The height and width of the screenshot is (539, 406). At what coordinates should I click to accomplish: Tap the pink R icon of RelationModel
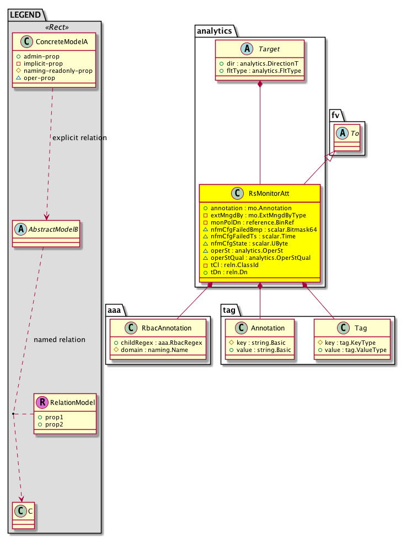[x=41, y=402]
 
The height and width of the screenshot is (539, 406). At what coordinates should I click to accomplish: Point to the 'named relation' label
[x=60, y=339]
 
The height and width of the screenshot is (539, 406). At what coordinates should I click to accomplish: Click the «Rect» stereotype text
[x=54, y=27]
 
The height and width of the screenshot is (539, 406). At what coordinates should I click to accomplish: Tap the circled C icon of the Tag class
[x=343, y=328]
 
